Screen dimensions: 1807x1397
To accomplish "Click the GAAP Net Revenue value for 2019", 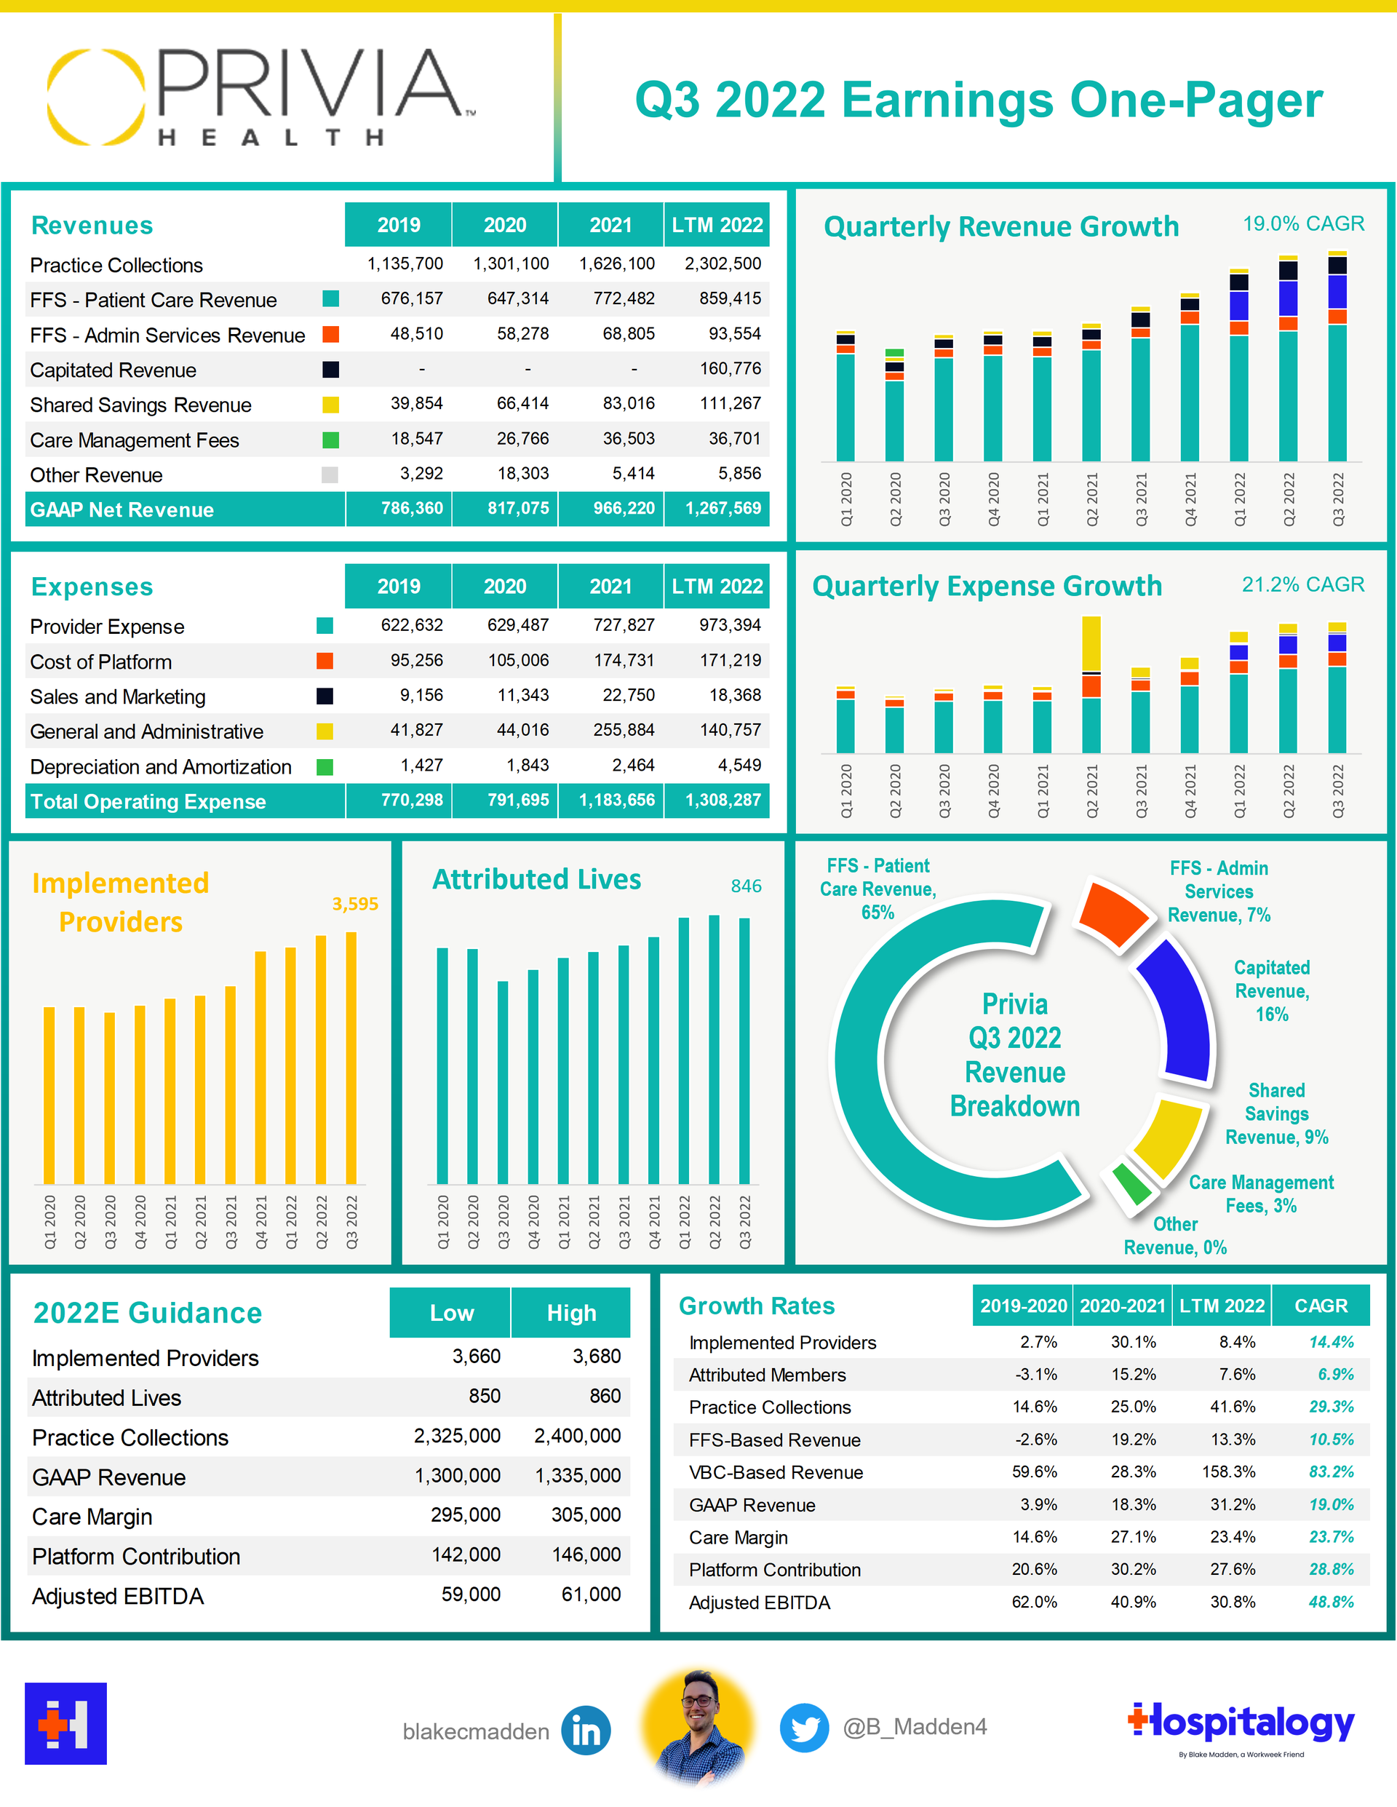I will click(411, 508).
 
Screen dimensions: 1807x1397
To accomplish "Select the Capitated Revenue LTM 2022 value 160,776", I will click(730, 368).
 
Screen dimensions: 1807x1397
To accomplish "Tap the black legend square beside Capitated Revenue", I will click(330, 369).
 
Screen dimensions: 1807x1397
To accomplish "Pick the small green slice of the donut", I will click(1131, 1184).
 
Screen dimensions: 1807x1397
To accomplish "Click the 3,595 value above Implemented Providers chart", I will click(355, 904).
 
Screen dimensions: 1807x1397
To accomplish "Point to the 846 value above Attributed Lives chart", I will click(745, 886).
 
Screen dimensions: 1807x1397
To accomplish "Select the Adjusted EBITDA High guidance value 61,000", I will click(591, 1594).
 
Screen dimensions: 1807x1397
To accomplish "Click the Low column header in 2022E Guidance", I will click(451, 1313).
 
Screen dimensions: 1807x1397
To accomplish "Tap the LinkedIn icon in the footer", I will click(586, 1730).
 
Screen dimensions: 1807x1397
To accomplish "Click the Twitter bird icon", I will click(804, 1728).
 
